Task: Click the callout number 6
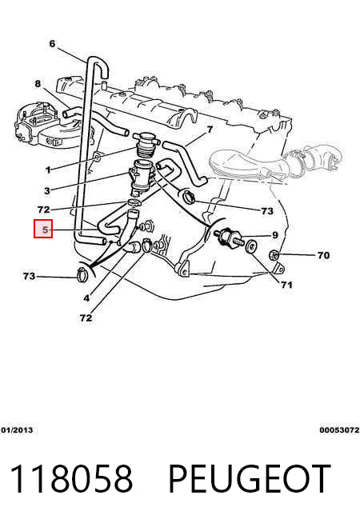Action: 52,44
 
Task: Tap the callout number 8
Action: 38,83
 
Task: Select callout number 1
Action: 48,170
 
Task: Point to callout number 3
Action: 47,191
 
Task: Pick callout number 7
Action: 210,129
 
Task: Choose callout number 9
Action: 275,235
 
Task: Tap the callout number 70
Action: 323,255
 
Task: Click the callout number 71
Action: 286,285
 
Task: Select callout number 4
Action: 86,298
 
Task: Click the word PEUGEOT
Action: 250,479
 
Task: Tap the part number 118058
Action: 71,479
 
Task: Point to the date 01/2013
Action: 17,430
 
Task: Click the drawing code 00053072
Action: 339,430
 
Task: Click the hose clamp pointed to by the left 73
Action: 82,274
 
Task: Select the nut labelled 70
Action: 274,255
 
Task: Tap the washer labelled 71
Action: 251,247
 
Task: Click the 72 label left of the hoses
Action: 44,210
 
